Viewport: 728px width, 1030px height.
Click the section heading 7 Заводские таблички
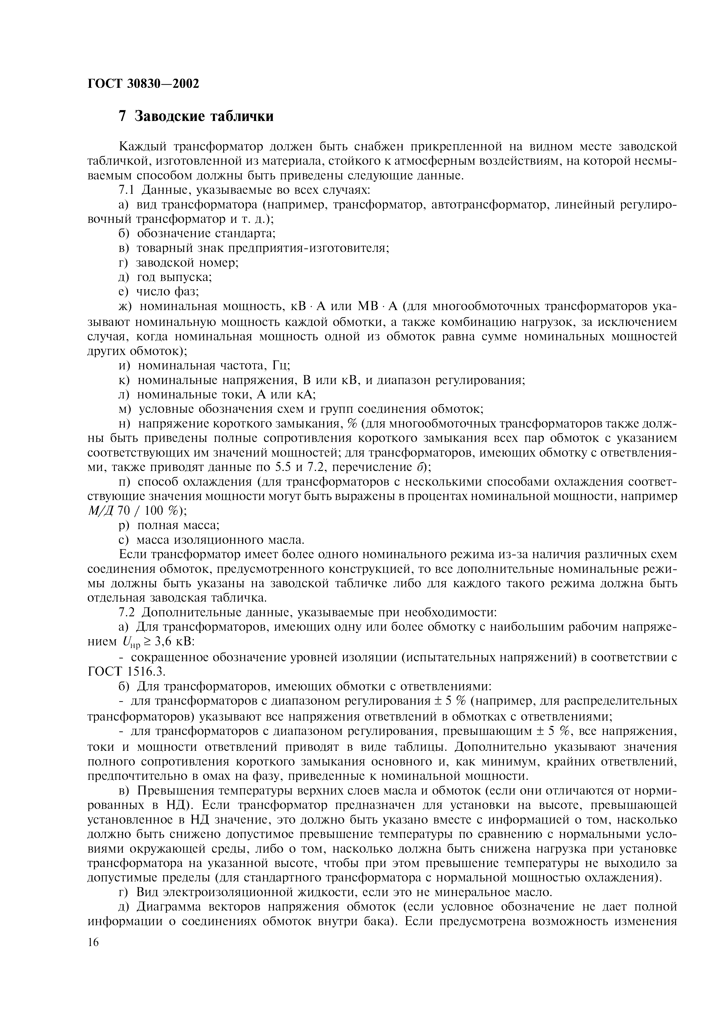[196, 116]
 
